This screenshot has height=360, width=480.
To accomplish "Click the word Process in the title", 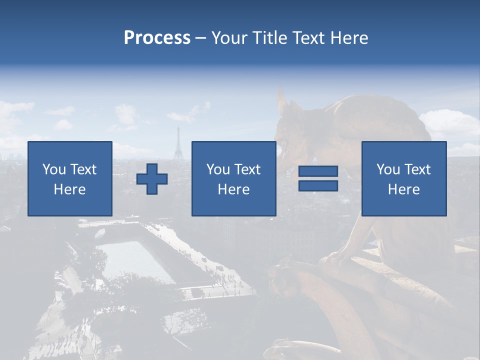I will click(x=157, y=38).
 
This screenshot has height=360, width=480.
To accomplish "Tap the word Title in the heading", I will click(x=270, y=38).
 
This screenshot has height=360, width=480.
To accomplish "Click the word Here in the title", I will click(x=349, y=38).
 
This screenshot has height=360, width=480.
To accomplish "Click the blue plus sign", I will click(x=152, y=179).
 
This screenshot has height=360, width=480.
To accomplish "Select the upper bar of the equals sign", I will click(x=318, y=171).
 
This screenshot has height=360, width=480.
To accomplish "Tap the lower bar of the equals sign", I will click(x=318, y=186).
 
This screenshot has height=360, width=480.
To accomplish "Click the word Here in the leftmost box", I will click(x=70, y=189).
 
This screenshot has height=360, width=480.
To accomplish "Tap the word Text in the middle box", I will click(x=247, y=169).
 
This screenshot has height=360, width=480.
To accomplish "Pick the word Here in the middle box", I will click(x=233, y=189).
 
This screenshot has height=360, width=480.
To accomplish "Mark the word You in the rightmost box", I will click(x=388, y=169).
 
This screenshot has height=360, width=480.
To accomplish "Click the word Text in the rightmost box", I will click(x=417, y=169).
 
